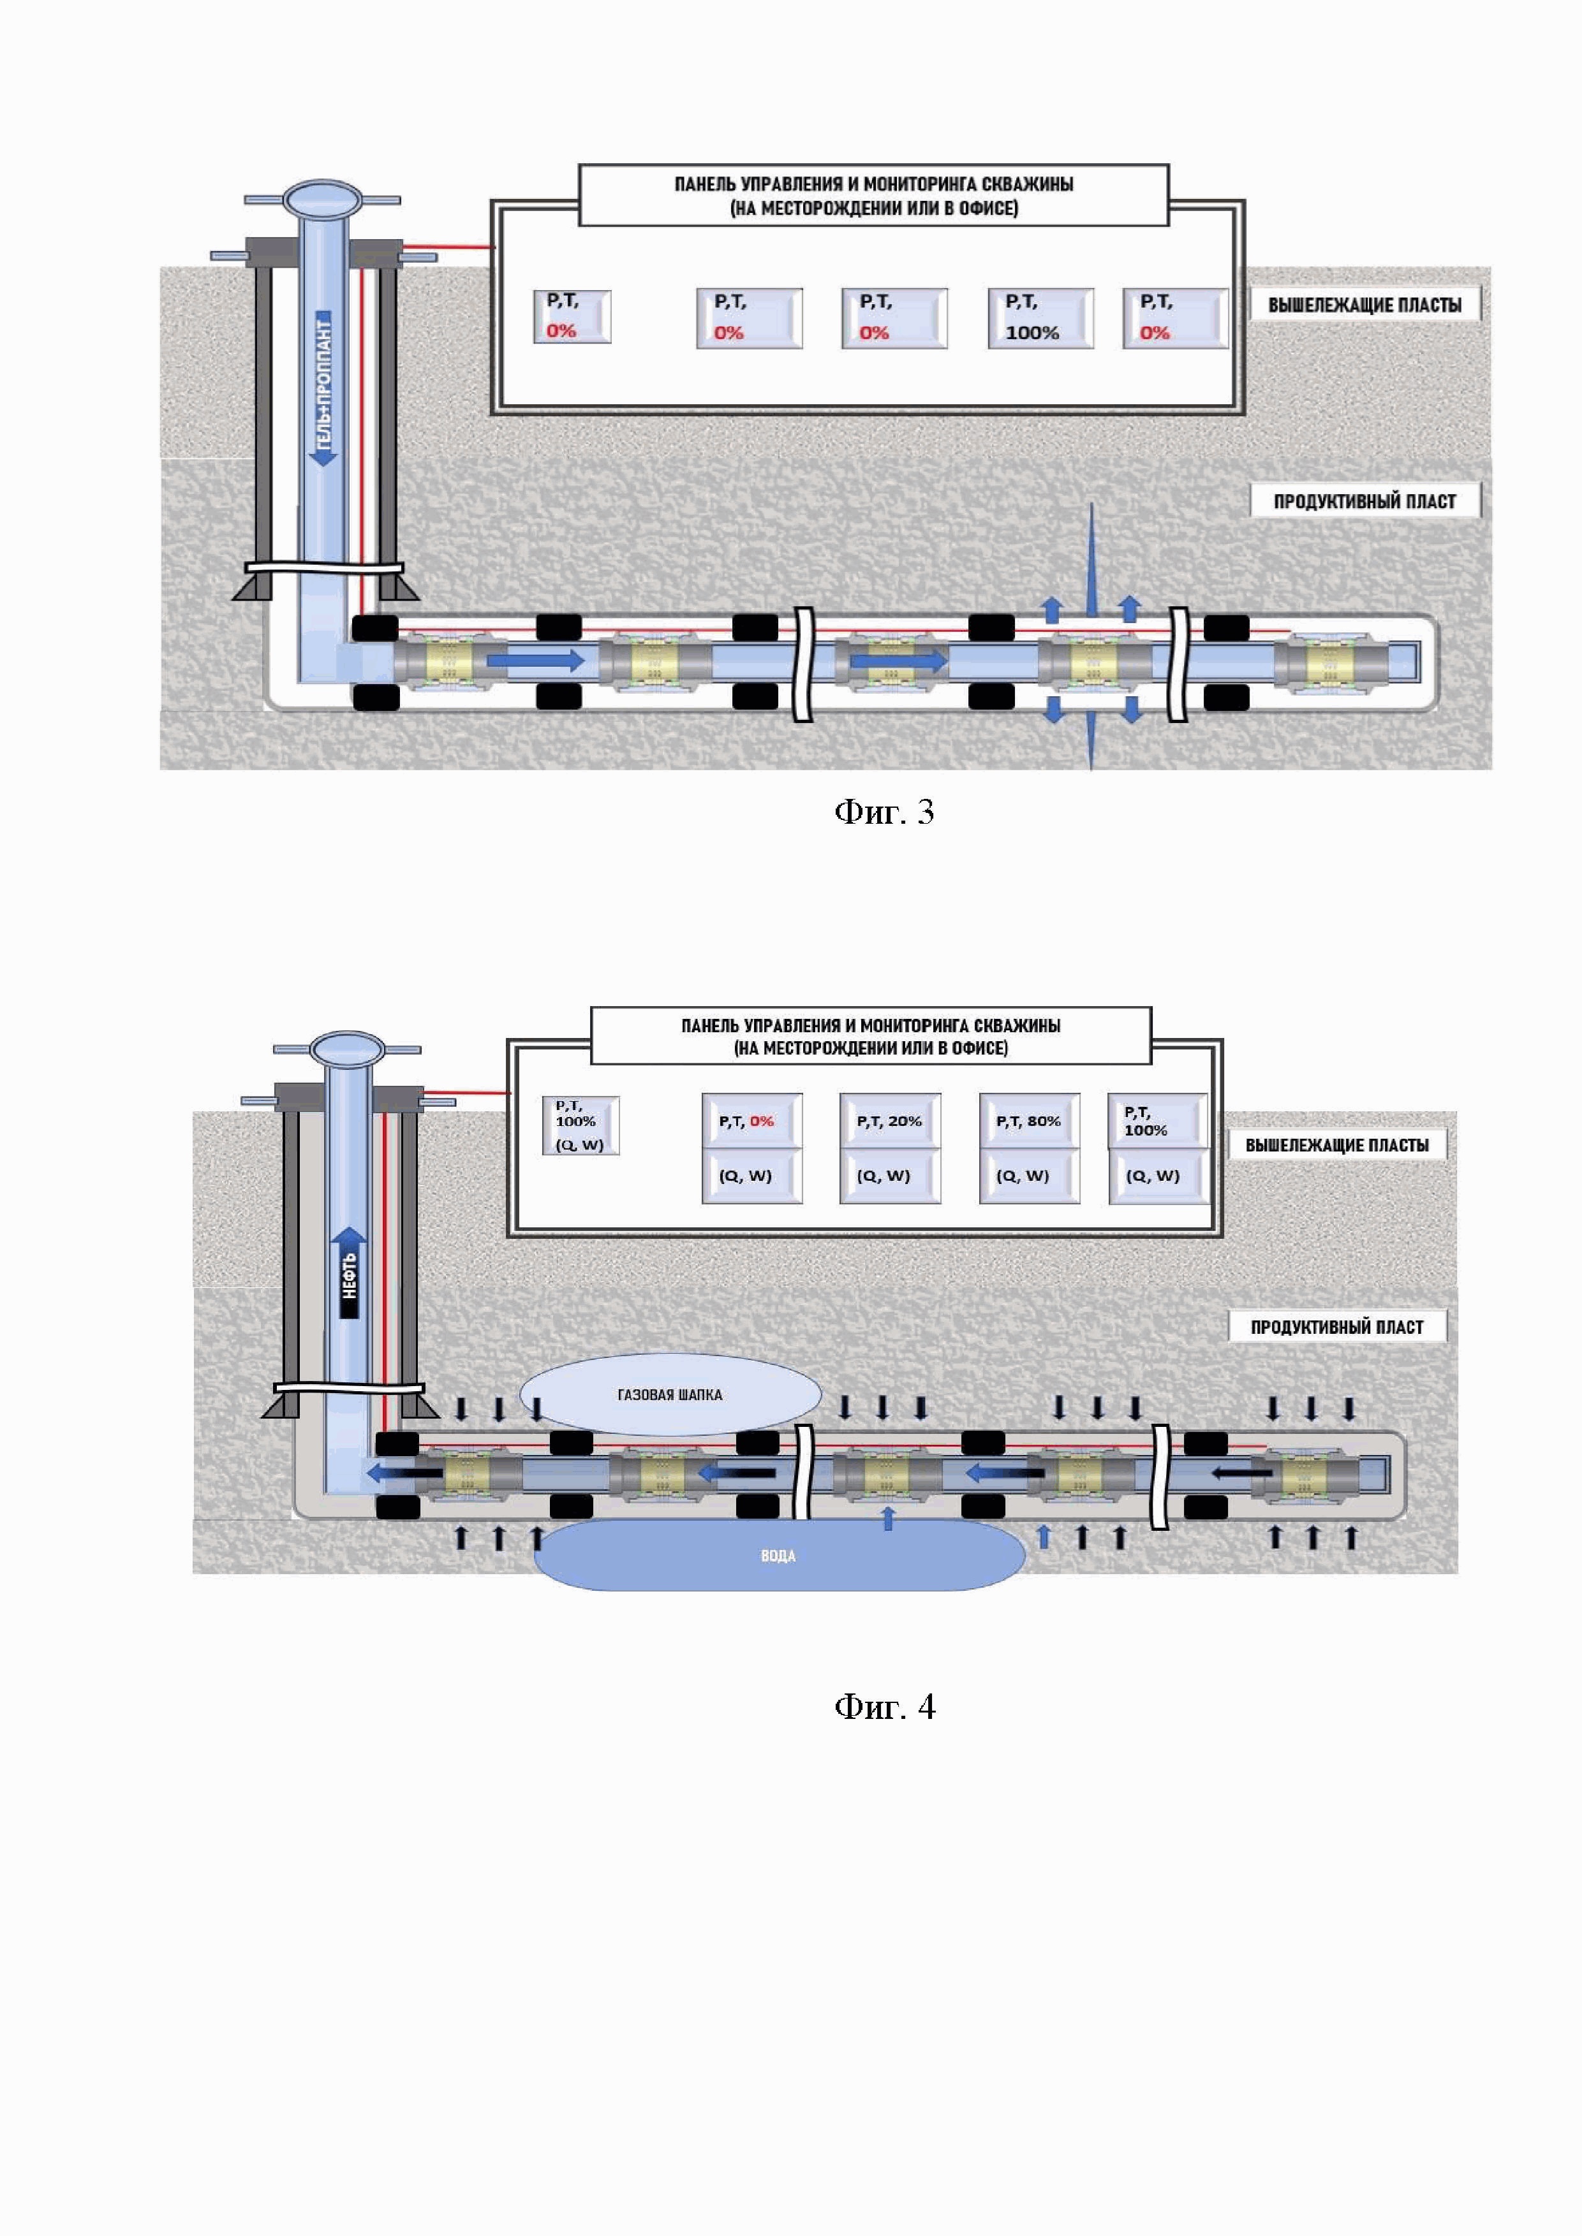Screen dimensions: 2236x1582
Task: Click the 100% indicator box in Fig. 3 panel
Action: click(x=1040, y=318)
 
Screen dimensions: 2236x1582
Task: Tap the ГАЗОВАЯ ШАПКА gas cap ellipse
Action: click(x=670, y=1394)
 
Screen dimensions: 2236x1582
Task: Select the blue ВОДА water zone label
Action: click(x=778, y=1555)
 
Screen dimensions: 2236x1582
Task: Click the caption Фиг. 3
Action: click(x=883, y=811)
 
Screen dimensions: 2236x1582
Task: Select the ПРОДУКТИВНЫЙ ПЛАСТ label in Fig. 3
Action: click(x=1364, y=501)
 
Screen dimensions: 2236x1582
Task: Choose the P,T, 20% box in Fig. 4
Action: click(x=889, y=1121)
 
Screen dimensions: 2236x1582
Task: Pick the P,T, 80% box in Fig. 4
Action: click(x=1029, y=1121)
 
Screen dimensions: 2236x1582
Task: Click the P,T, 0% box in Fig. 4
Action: click(x=751, y=1121)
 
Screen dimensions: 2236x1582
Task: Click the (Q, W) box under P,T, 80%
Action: click(x=1029, y=1176)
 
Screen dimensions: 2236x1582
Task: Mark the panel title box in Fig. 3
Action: click(x=874, y=194)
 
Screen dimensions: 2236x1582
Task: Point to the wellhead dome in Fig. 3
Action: click(x=322, y=200)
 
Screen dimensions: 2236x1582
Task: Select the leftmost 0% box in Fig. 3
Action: click(x=572, y=316)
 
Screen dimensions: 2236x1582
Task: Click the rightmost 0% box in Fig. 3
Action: click(x=1175, y=318)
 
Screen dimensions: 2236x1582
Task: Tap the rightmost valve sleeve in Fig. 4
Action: click(x=1303, y=1475)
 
